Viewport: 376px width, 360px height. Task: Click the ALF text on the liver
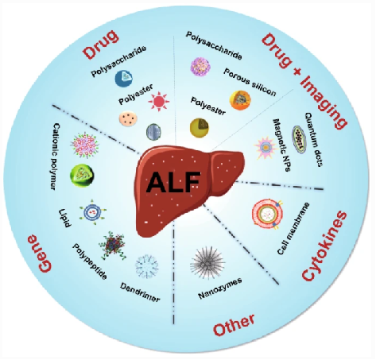173,182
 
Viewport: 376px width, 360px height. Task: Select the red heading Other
235,325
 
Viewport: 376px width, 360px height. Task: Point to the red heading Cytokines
324,246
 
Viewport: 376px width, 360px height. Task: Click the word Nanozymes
220,288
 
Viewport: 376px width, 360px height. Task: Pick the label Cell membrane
293,228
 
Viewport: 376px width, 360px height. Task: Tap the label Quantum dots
314,139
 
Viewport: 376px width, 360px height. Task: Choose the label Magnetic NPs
281,145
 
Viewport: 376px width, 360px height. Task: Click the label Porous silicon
250,83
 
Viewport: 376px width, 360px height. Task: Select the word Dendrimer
140,292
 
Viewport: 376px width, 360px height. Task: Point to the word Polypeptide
90,261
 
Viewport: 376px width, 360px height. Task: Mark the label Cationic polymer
54,156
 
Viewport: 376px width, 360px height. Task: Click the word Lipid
64,219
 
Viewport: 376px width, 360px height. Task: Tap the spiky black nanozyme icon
207,263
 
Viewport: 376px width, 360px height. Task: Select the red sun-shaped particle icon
159,102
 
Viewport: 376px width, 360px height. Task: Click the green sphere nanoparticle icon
82,175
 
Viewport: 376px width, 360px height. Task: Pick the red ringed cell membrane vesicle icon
267,214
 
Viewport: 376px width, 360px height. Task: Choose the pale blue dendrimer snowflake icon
147,266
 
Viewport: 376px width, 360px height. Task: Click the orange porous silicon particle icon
240,100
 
